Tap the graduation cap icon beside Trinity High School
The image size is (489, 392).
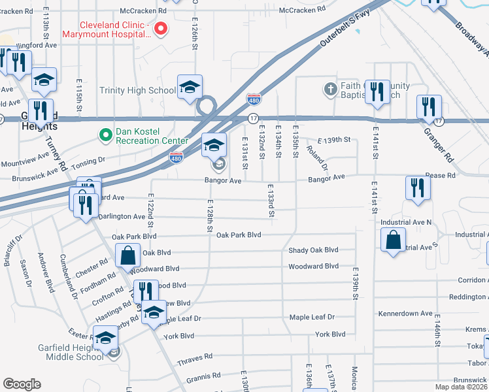tap(190, 87)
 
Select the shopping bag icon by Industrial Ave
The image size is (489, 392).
tap(394, 239)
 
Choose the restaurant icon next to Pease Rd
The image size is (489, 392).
tap(416, 188)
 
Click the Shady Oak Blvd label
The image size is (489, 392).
tap(313, 250)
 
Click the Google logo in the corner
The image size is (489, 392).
tap(21, 384)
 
